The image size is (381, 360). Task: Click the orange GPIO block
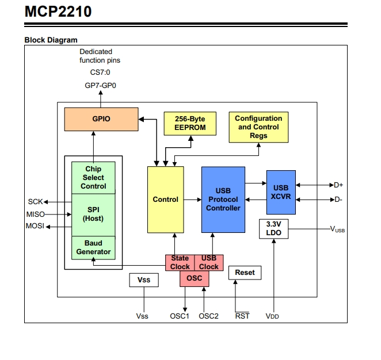click(101, 119)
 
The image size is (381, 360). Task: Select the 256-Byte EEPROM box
click(190, 124)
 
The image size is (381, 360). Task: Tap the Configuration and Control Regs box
click(258, 127)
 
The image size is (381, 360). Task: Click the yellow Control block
click(166, 200)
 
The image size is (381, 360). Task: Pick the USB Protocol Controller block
click(223, 200)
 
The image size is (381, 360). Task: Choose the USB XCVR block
click(281, 192)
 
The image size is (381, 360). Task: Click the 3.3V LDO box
click(273, 229)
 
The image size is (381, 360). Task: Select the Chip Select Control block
click(93, 178)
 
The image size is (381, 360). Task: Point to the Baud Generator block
click(93, 248)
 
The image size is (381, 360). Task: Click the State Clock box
click(180, 262)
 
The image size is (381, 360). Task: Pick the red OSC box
click(195, 278)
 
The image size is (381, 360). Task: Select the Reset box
click(245, 273)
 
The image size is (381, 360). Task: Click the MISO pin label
click(36, 215)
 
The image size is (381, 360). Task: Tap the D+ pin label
click(338, 185)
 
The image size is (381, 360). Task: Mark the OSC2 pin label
click(208, 316)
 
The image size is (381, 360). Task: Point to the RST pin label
click(242, 316)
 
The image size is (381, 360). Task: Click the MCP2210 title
click(58, 12)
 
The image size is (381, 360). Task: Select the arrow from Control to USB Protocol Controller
click(193, 200)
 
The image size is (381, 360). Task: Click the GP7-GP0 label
click(100, 86)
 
